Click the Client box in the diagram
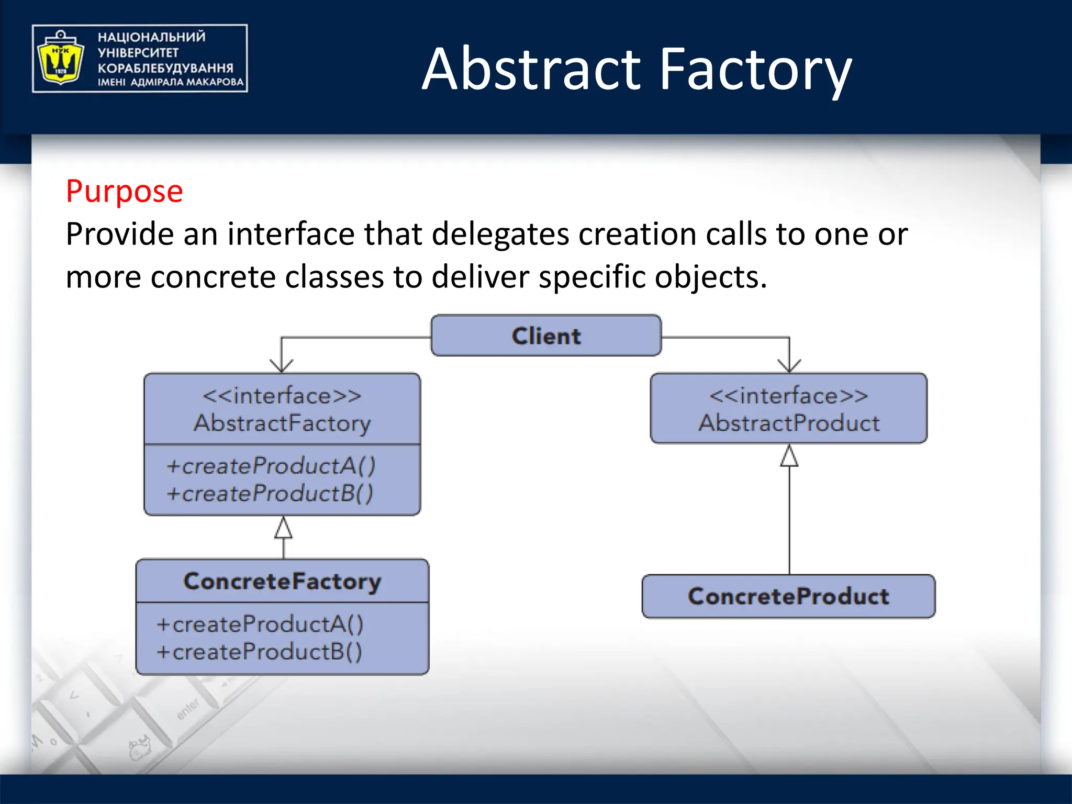click(x=546, y=336)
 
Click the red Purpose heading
click(x=125, y=191)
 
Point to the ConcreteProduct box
click(x=788, y=596)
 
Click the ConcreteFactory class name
click(x=282, y=581)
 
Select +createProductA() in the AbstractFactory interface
click(x=271, y=466)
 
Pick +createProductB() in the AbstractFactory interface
click(x=270, y=494)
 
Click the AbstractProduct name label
click(x=789, y=423)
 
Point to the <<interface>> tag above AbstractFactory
click(x=282, y=396)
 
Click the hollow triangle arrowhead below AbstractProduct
click(x=789, y=456)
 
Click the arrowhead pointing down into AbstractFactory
click(x=282, y=366)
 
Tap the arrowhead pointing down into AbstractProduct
click(x=789, y=366)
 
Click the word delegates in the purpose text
click(x=500, y=234)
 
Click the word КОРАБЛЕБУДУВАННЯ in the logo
click(x=165, y=68)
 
